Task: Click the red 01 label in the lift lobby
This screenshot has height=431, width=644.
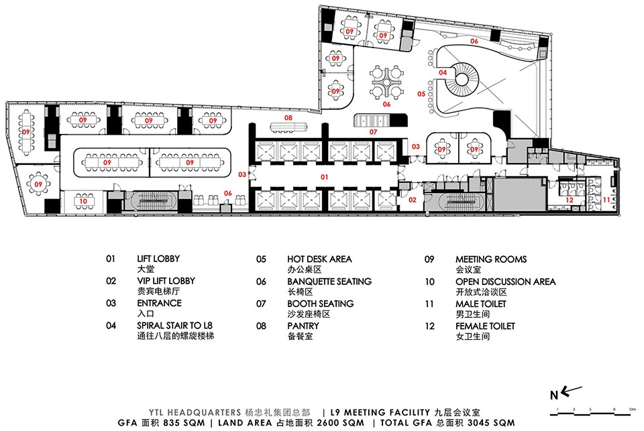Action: click(x=325, y=177)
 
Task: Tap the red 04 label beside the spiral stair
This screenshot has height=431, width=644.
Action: click(x=443, y=72)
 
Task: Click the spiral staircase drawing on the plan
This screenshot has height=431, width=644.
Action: click(x=463, y=79)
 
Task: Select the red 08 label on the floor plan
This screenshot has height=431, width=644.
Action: click(x=288, y=118)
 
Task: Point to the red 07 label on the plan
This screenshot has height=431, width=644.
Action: click(x=373, y=132)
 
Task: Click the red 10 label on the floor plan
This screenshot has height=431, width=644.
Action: click(x=83, y=201)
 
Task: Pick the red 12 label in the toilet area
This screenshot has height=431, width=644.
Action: click(x=570, y=200)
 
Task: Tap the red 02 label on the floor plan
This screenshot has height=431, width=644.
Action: click(x=413, y=200)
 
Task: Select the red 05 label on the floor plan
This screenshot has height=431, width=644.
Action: click(x=421, y=94)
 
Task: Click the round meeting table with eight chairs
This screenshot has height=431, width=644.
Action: click(x=38, y=185)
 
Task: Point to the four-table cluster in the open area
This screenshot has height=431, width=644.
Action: click(x=386, y=81)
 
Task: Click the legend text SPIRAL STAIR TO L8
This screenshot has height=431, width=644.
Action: click(x=174, y=326)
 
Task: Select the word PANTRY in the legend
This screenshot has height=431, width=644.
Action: click(x=303, y=326)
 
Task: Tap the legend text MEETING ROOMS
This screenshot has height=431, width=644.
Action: click(x=491, y=259)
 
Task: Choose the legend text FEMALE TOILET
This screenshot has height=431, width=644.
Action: click(x=485, y=326)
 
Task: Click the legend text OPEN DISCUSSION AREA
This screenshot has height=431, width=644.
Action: click(x=506, y=282)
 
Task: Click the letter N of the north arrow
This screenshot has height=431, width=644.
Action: click(x=554, y=395)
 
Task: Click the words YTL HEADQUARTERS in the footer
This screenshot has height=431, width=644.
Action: click(x=195, y=412)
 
